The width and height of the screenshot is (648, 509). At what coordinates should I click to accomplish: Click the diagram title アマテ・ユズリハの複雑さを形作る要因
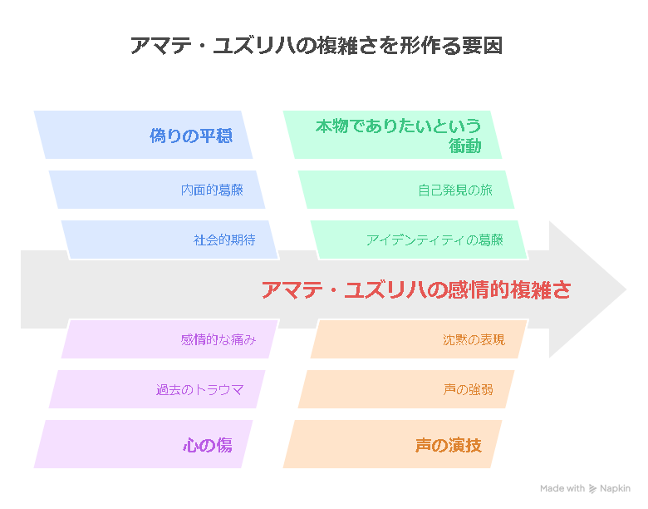pos(317,46)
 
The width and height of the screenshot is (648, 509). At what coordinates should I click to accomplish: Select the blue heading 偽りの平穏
pos(191,136)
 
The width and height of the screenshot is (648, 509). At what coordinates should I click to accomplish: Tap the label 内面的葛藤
pos(212,190)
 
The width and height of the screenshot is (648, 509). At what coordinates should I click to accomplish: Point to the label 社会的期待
pos(224,240)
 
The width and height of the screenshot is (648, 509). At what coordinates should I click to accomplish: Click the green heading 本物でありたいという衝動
pos(399,136)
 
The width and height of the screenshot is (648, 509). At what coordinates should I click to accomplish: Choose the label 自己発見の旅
pos(455,190)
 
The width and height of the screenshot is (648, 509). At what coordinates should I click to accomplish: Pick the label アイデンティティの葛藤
pos(434,240)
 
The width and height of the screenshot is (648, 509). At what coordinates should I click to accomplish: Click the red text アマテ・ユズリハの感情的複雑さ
pos(416,289)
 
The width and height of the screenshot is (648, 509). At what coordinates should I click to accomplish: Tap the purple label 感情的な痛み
pos(218,339)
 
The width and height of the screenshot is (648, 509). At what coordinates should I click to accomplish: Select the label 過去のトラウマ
pos(199,390)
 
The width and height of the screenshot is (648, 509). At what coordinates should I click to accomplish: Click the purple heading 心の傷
pos(208,445)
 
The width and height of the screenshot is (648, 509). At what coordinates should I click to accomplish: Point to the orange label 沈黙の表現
pos(474,339)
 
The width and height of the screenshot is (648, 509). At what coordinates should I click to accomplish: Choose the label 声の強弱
pos(468,390)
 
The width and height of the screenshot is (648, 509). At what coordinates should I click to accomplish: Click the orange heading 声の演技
pos(449,445)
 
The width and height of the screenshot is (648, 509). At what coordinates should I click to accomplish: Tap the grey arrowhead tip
pos(626,289)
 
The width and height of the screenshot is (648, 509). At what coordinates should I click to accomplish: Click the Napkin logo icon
pos(592,489)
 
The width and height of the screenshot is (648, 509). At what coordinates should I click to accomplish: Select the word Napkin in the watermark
pos(615,489)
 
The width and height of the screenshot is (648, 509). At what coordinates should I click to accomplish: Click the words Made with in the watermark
pos(562,489)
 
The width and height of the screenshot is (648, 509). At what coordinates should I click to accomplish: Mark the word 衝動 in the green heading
pos(465,146)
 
